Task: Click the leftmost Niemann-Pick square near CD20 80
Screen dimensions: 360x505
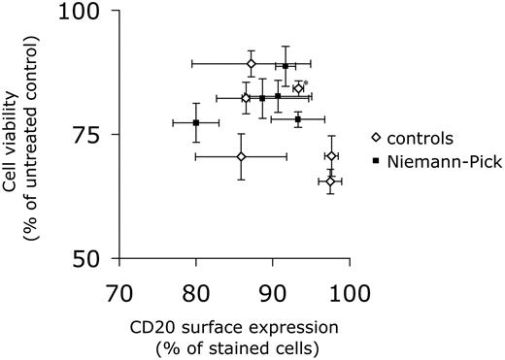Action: [x=196, y=122]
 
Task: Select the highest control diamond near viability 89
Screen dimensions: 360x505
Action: [x=252, y=63]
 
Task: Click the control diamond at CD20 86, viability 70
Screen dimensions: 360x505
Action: [x=241, y=156]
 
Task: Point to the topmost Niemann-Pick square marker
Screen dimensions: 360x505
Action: [x=286, y=66]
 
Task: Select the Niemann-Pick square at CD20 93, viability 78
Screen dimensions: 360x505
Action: [x=298, y=119]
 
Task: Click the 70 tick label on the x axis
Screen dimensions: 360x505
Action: [x=118, y=290]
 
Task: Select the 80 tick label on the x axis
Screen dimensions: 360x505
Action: [x=195, y=290]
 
